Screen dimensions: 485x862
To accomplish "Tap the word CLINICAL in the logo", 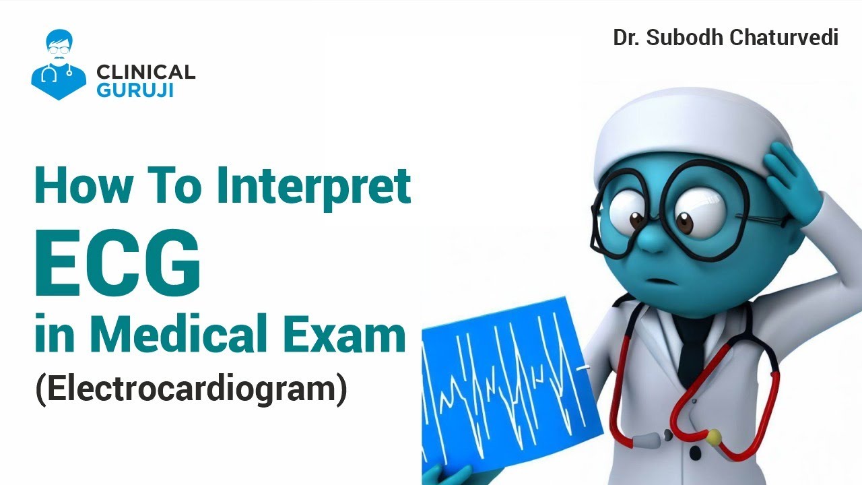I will tap(146, 72).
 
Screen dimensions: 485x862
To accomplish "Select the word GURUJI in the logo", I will tap(135, 90).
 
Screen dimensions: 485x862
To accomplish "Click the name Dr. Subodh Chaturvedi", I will tap(725, 38).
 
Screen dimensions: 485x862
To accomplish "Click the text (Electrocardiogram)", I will tap(191, 389).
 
